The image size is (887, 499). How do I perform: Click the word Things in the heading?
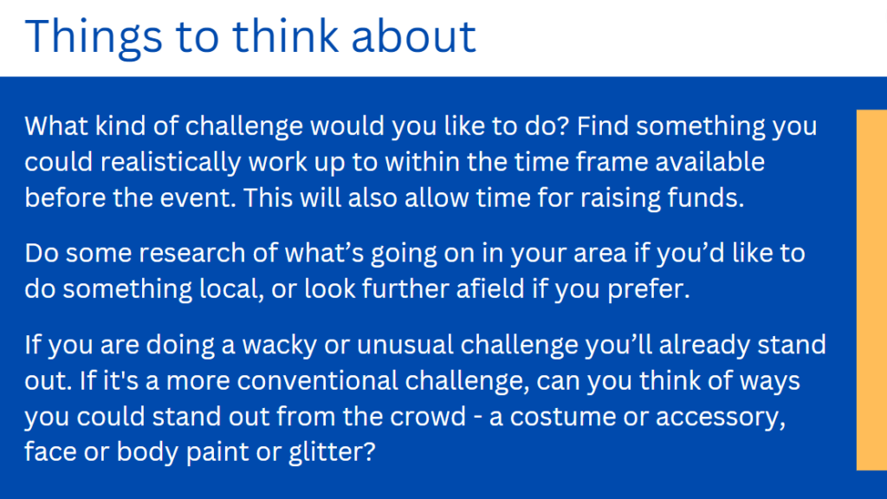pos(94,37)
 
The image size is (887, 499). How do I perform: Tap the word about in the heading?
pos(413,36)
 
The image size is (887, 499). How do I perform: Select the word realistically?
pos(171,163)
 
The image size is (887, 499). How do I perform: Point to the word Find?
pos(603,126)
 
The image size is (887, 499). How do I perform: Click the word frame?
pos(612,162)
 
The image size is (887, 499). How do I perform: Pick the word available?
pos(710,162)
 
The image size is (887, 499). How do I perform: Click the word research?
pos(191,254)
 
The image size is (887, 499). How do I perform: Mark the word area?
pos(599,254)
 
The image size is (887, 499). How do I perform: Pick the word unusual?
pos(405,345)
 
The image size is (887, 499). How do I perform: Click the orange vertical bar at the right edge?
pos(871,289)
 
